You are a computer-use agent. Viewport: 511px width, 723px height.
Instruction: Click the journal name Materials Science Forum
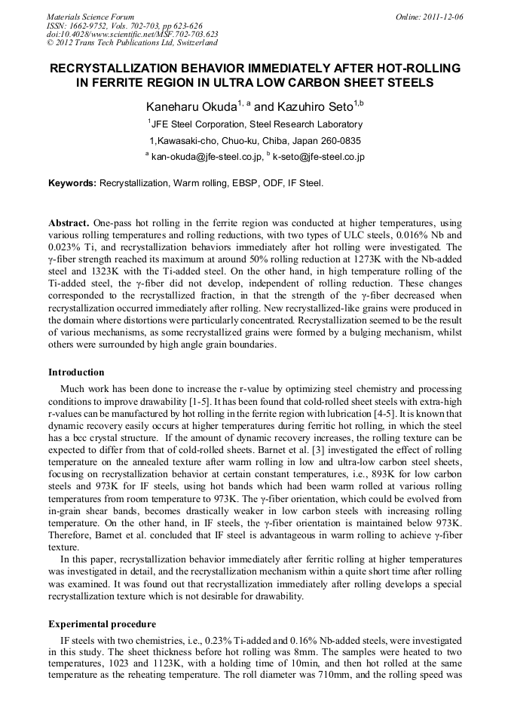point(90,17)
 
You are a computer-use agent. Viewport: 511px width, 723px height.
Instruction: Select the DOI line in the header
point(133,34)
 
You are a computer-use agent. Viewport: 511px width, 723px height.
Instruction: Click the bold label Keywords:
point(72,182)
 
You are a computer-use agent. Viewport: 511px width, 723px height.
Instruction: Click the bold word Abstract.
point(69,224)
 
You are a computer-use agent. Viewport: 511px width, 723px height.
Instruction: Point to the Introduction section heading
point(76,372)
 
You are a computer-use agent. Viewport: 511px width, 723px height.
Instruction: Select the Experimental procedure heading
point(102,624)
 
